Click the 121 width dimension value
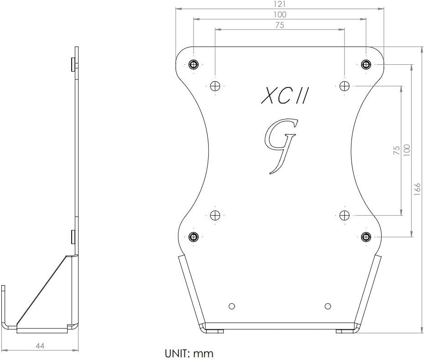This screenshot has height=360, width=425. click(280, 4)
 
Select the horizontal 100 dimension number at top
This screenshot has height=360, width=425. click(280, 15)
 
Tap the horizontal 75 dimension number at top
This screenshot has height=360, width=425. click(280, 26)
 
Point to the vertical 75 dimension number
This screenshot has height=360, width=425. click(397, 150)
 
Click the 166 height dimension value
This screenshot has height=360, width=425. click(417, 188)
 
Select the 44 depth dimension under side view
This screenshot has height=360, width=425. click(40, 346)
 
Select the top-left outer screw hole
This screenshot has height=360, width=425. click(194, 64)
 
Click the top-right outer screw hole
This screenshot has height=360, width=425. click(366, 64)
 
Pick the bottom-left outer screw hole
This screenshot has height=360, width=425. click(194, 237)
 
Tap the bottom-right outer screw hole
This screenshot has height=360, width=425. click(366, 236)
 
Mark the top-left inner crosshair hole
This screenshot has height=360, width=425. click(215, 86)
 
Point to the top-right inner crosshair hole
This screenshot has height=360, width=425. click(345, 85)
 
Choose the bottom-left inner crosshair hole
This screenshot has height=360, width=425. click(215, 215)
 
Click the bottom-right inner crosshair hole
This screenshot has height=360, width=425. click(345, 215)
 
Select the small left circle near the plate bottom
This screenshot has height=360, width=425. click(232, 306)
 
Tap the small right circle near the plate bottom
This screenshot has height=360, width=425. click(327, 306)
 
